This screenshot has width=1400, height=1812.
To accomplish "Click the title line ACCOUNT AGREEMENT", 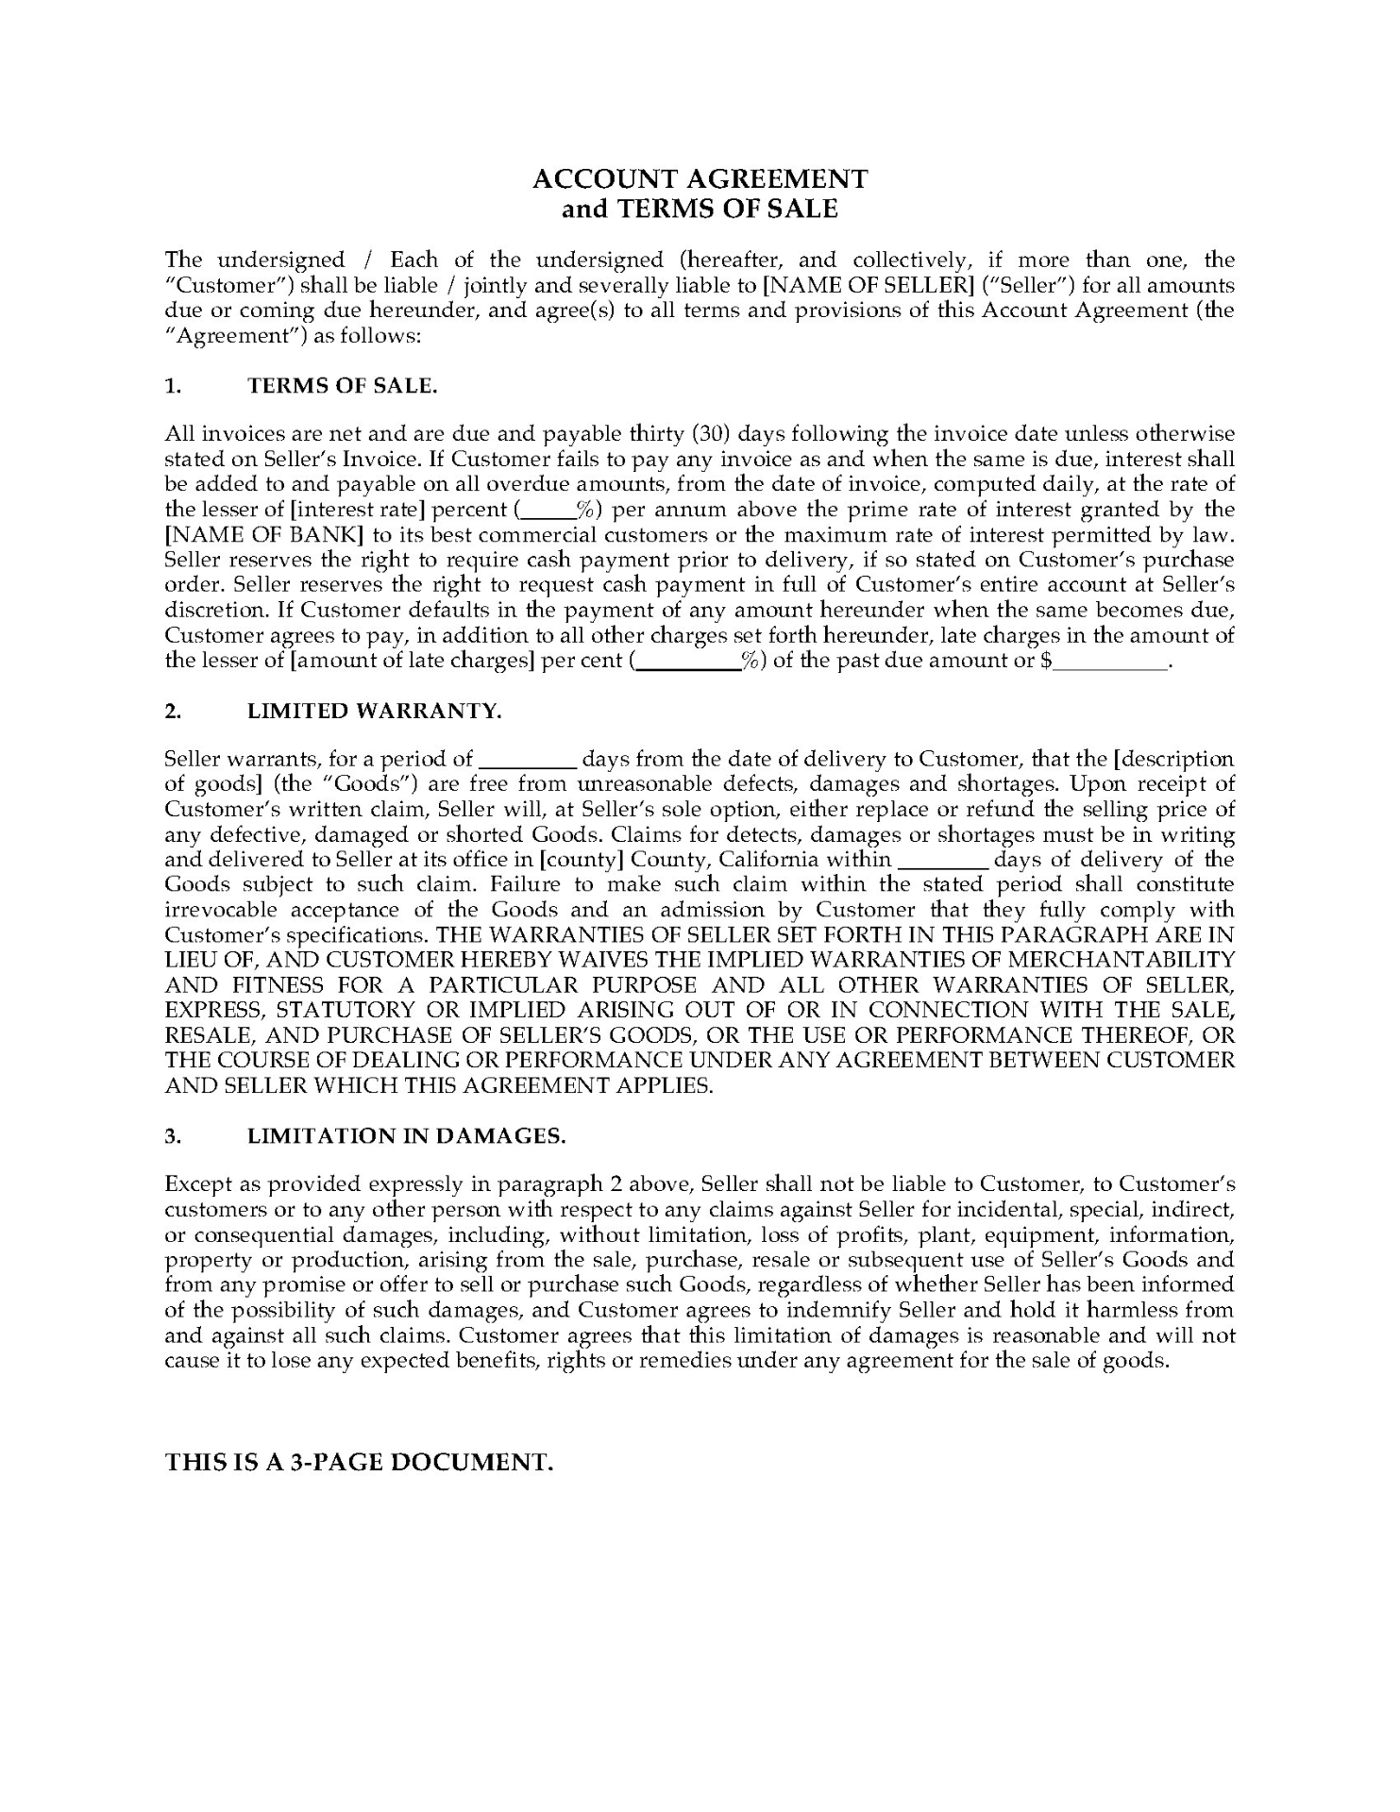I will (x=700, y=178).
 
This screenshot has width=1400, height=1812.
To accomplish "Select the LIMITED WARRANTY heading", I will (x=374, y=712).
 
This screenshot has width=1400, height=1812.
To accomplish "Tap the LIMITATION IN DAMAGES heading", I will (x=406, y=1136).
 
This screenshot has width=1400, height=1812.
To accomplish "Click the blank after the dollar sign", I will (x=1111, y=662).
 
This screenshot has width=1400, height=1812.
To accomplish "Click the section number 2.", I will (x=172, y=712).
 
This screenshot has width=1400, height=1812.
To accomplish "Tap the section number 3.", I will (x=172, y=1136).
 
